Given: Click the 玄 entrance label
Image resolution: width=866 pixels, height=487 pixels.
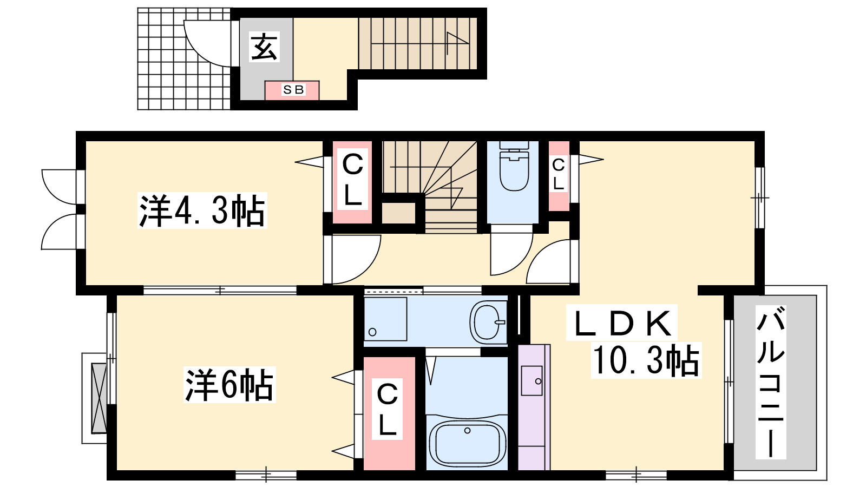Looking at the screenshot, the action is click(x=265, y=47).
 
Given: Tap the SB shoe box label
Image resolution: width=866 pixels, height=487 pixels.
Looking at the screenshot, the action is click(x=293, y=90).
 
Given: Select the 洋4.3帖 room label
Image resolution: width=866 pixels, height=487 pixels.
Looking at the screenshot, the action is click(x=202, y=210).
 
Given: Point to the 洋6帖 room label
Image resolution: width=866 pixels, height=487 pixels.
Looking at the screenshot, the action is click(x=229, y=385).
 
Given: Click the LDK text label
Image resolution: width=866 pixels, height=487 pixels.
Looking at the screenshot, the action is click(x=622, y=323).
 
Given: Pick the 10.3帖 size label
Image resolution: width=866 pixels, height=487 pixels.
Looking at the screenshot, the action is click(x=646, y=360).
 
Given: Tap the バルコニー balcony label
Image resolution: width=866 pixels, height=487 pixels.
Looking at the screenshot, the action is click(x=771, y=382).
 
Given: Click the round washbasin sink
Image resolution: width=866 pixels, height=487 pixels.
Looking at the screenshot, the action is click(x=488, y=321).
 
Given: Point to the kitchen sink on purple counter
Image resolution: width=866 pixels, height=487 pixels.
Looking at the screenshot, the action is click(x=532, y=381).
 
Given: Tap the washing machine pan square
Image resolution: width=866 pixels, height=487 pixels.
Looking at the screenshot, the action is click(x=385, y=319).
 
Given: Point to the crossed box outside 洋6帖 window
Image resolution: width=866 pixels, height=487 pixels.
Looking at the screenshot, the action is click(x=99, y=398).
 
